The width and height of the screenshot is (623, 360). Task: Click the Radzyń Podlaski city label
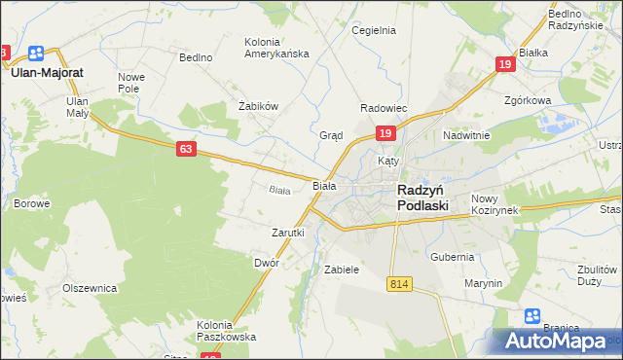pos(422,198)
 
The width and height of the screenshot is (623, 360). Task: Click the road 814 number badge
pos(397,283)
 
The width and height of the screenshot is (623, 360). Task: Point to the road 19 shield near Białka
pos(504,64)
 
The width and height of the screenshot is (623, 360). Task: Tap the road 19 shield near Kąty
pos(385,133)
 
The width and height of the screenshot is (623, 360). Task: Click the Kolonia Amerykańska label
pos(275,48)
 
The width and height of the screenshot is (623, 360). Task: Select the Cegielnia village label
pos(374,30)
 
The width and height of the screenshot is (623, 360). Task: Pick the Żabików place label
pos(259,106)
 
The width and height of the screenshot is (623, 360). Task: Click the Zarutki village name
pos(288,234)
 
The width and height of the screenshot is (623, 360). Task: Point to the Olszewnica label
pos(90,289)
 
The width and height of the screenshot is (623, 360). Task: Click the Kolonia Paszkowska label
pos(226,331)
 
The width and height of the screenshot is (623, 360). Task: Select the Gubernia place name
pos(453,257)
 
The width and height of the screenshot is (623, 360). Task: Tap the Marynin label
pos(483,283)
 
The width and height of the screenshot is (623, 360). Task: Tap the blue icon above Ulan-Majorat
pos(37,54)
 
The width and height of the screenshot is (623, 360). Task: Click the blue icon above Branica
pos(532,315)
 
